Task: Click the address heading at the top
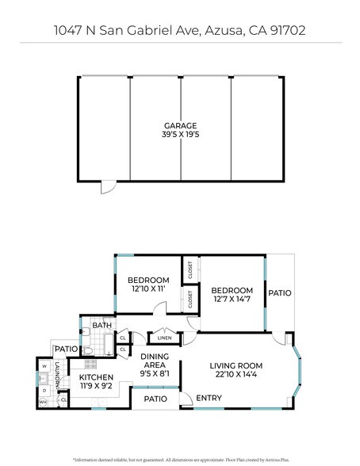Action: pyautogui.click(x=180, y=30)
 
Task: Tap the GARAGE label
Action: pyautogui.click(x=180, y=125)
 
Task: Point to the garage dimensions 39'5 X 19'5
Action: pyautogui.click(x=180, y=134)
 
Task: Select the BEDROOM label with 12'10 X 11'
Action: pyautogui.click(x=148, y=281)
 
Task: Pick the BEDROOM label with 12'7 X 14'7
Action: pyautogui.click(x=232, y=290)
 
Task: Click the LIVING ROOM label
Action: pyautogui.click(x=236, y=365)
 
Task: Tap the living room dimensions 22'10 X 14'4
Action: pyautogui.click(x=236, y=376)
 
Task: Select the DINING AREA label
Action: pyautogui.click(x=154, y=361)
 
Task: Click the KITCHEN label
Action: pyautogui.click(x=96, y=377)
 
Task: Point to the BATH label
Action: pyautogui.click(x=101, y=325)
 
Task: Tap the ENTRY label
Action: pyautogui.click(x=209, y=398)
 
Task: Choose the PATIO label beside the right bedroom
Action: pyautogui.click(x=279, y=292)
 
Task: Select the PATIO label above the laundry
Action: pyautogui.click(x=65, y=349)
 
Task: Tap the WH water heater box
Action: pyautogui.click(x=43, y=403)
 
